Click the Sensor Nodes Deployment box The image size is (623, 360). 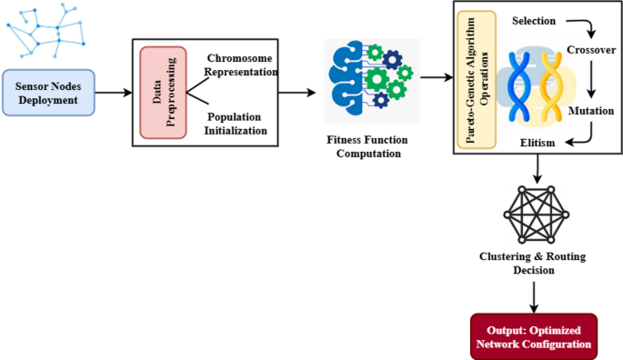pyautogui.click(x=48, y=92)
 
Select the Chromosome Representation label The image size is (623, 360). pyautogui.click(x=240, y=65)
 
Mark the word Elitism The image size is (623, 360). pyautogui.click(x=538, y=143)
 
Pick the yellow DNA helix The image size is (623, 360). pyautogui.click(x=554, y=84)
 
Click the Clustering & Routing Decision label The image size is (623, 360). pyautogui.click(x=532, y=264)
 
